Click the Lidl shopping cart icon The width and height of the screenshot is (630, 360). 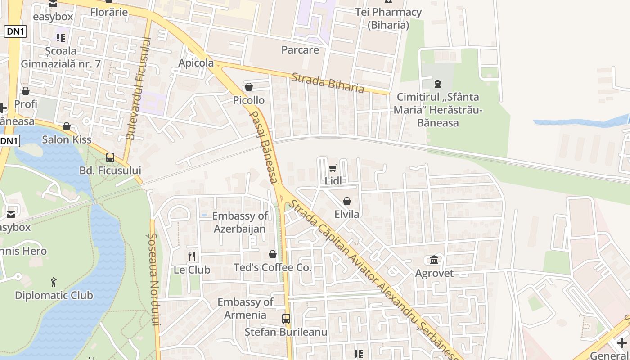pos(333,168)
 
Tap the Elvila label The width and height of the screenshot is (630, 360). pos(347,214)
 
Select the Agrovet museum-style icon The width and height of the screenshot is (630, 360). pos(434,260)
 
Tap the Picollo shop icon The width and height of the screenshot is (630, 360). pos(248,87)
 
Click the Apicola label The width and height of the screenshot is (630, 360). pos(196,63)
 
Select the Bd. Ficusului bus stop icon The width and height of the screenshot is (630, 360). pos(110,157)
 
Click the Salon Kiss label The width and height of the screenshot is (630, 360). pos(67,139)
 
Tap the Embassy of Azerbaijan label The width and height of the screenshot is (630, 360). pos(240,222)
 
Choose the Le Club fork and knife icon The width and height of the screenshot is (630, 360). pos(192,256)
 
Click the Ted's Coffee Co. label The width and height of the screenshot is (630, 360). pos(272,267)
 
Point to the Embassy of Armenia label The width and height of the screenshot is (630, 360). pos(246,308)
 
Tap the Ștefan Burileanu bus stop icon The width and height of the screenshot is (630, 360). pos(286,319)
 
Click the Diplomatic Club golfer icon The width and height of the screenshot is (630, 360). pos(54,282)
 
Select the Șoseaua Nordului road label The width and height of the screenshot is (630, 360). pos(154,279)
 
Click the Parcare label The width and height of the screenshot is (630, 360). pos(300,49)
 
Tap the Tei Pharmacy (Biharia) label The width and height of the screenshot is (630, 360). pos(388,18)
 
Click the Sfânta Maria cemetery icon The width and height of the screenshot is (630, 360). pos(437,83)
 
